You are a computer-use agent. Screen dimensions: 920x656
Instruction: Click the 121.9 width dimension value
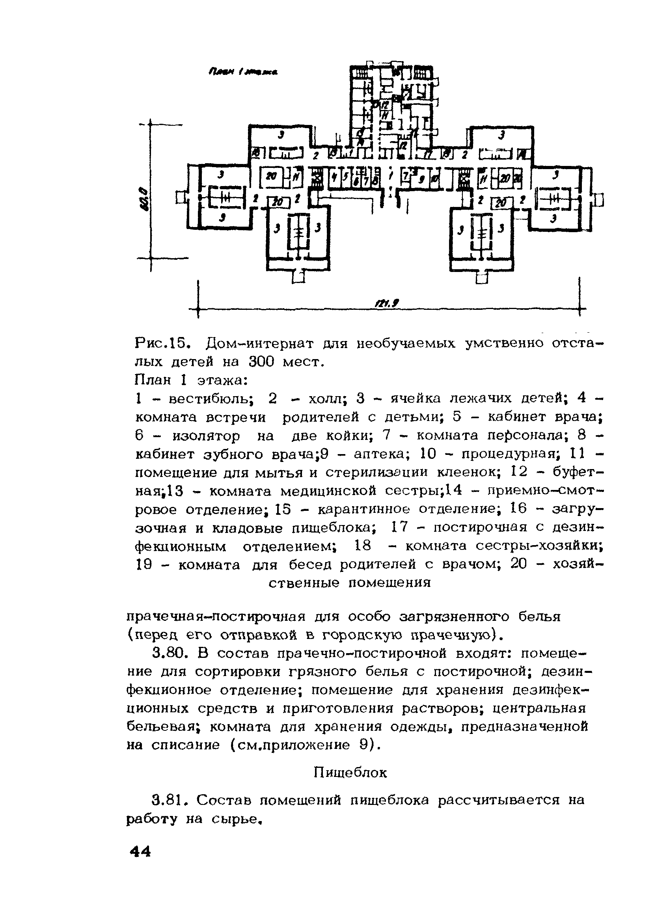tap(387, 303)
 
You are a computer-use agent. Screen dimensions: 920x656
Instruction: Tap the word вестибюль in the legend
tap(211, 399)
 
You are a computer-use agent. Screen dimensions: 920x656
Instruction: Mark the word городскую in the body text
tap(360, 635)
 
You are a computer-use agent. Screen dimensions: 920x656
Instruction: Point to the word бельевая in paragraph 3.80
tap(162, 727)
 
